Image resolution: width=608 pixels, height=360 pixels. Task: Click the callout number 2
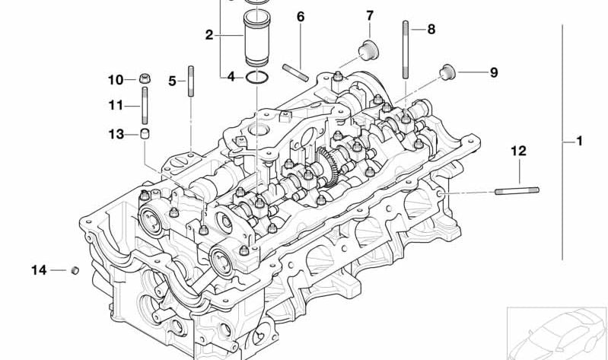coord(209,35)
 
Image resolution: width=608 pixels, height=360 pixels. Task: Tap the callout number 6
coord(301,17)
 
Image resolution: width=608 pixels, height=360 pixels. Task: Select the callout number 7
coord(370,16)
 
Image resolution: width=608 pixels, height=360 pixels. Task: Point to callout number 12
coord(519,151)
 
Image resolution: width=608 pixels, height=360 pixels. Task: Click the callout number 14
coord(39,270)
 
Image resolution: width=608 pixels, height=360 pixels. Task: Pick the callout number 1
coord(579,141)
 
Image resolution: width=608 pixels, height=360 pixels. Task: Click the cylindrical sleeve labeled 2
coord(256,38)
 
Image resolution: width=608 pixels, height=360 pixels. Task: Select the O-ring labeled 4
coord(256,77)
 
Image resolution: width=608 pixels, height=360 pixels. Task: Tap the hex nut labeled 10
coord(145,78)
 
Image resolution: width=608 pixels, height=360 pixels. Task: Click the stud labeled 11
coord(145,105)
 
